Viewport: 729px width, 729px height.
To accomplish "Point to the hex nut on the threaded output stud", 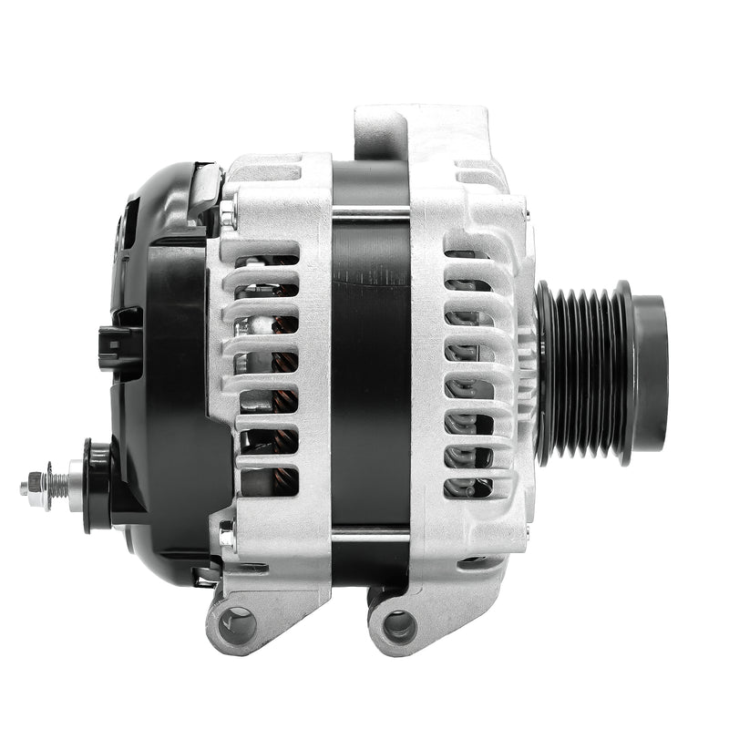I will click(x=36, y=483).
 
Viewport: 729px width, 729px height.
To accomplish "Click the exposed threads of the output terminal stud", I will click(x=56, y=483).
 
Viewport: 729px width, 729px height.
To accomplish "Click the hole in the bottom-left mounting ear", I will click(x=240, y=624).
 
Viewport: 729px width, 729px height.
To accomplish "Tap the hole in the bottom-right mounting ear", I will click(x=399, y=625).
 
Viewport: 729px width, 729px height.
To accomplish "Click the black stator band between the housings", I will click(x=370, y=364).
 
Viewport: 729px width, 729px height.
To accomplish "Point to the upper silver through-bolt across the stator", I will click(x=370, y=215).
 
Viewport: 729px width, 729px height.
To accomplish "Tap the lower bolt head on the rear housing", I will click(x=227, y=537).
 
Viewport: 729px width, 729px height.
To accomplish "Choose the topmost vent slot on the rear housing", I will click(x=267, y=260).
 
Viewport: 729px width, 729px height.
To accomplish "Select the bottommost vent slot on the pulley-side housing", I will click(x=467, y=486).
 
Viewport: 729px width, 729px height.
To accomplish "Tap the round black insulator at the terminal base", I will click(x=97, y=485).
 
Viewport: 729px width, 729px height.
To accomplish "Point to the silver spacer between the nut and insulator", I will click(x=75, y=484).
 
